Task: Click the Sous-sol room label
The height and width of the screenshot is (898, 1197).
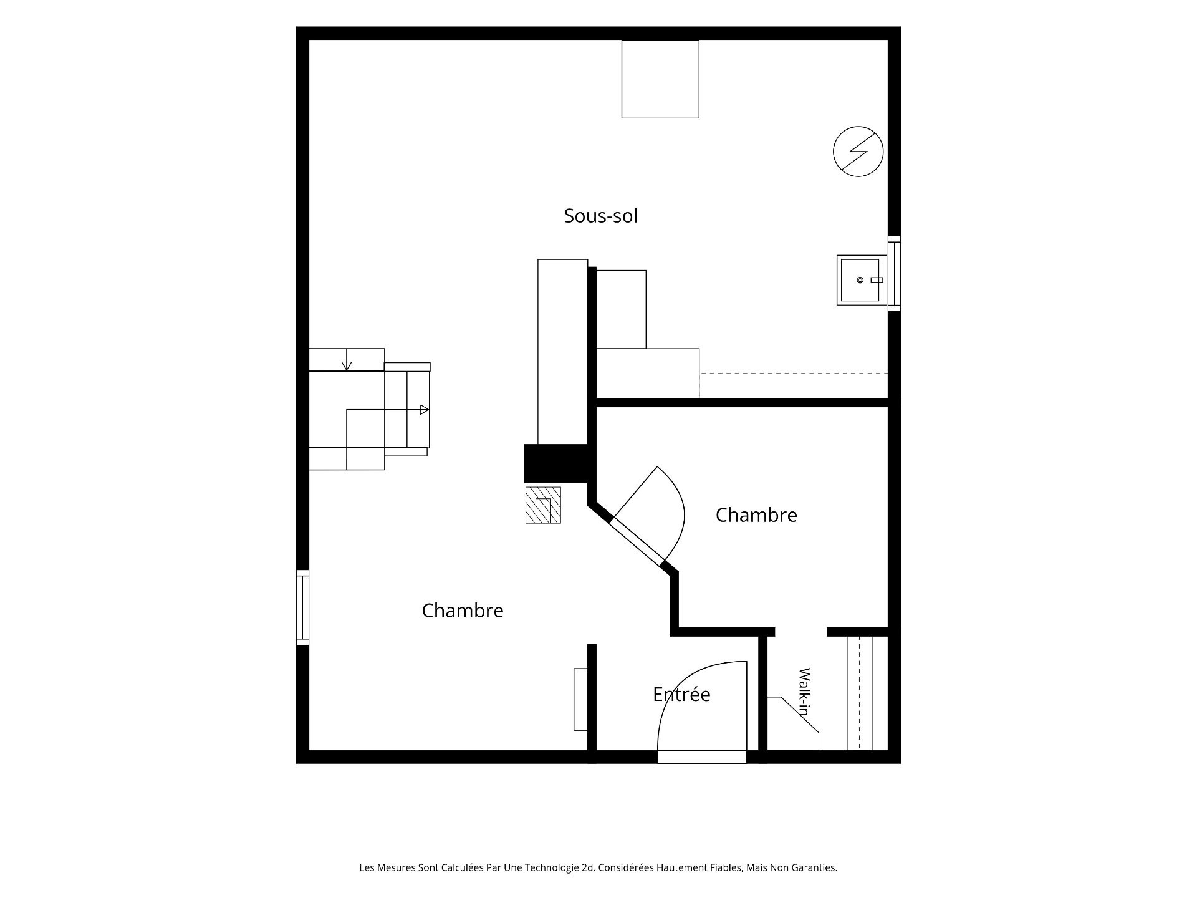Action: (x=600, y=216)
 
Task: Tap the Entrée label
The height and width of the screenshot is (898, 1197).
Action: (x=681, y=694)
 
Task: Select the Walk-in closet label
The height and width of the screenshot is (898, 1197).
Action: (x=804, y=692)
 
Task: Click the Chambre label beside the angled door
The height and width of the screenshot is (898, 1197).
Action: (x=756, y=515)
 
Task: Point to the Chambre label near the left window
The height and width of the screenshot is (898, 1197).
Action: (x=463, y=611)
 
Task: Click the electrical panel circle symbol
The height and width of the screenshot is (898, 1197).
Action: (x=858, y=152)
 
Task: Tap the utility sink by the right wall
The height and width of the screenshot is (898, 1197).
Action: (x=862, y=280)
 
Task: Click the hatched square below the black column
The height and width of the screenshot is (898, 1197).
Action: (x=543, y=505)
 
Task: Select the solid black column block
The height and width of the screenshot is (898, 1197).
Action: (x=556, y=463)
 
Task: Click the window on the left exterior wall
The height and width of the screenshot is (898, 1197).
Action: (x=302, y=607)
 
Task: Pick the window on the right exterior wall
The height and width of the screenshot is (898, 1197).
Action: (x=894, y=274)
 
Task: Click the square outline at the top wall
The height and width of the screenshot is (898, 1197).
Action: (x=660, y=79)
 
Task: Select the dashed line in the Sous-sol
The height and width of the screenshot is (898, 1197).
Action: (x=794, y=374)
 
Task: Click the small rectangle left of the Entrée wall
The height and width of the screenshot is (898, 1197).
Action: (x=580, y=699)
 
